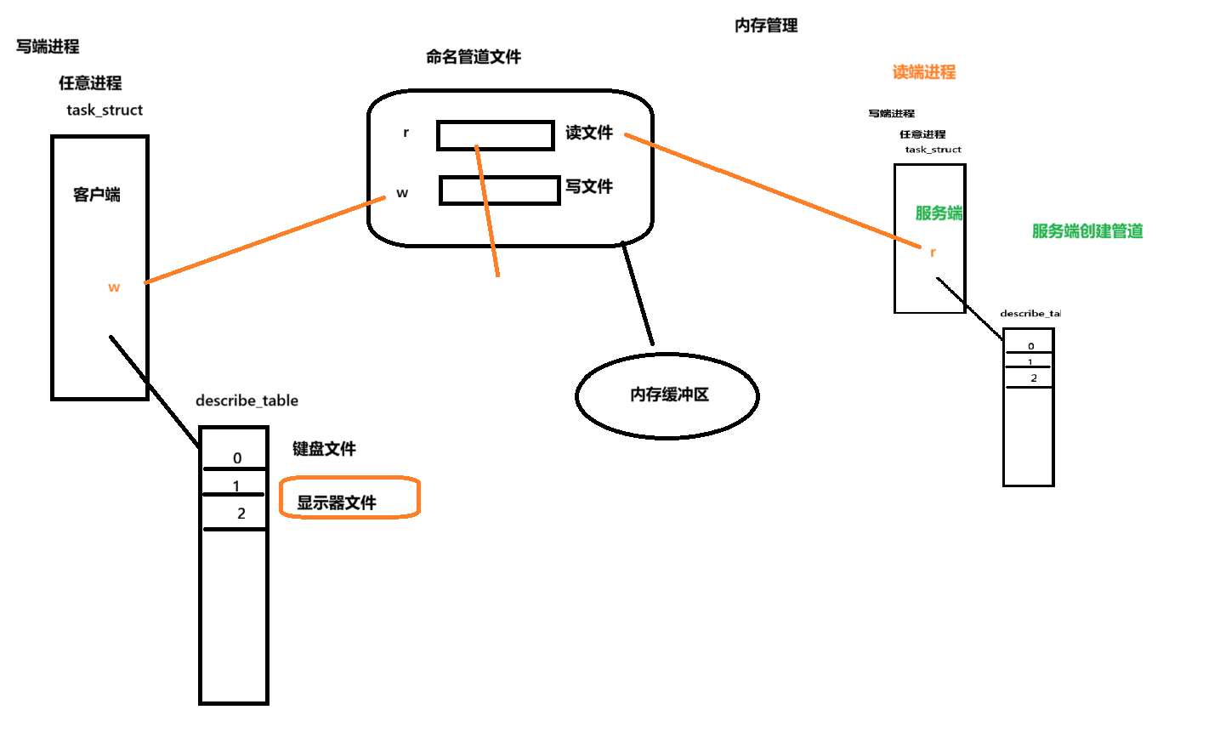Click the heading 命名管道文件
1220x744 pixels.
tap(474, 57)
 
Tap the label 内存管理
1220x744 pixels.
tap(766, 26)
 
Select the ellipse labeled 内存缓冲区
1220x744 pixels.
tap(667, 395)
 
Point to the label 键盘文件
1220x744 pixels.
tap(324, 449)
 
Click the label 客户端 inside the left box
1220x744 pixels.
tap(97, 195)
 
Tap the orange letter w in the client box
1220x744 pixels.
tap(114, 287)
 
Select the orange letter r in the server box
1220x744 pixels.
tap(933, 252)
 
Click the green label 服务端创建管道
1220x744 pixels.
tap(1087, 231)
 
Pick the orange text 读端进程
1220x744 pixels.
tap(924, 72)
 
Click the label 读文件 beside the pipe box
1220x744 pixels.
tap(589, 133)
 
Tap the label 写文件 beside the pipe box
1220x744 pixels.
tap(589, 186)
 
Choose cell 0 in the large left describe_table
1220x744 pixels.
tap(236, 457)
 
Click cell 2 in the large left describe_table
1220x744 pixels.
tap(241, 514)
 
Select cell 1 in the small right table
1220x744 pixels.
tap(1030, 362)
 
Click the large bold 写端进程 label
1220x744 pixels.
tap(48, 47)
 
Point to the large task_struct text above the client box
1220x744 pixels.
tap(105, 110)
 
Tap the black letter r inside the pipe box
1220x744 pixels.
tap(406, 133)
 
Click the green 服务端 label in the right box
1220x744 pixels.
tap(939, 213)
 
